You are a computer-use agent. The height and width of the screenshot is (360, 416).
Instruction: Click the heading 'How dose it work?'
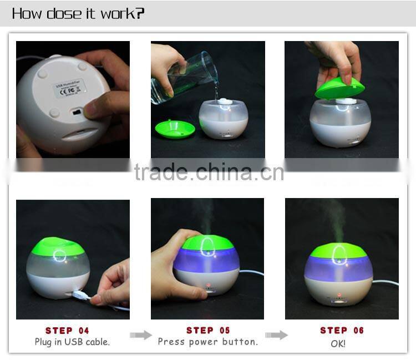[x=78, y=13]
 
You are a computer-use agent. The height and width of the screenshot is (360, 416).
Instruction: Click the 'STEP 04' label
[x=67, y=331]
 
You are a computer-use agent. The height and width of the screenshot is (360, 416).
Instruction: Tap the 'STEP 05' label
[x=208, y=331]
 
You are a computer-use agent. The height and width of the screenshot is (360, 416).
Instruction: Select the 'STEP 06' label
[x=342, y=331]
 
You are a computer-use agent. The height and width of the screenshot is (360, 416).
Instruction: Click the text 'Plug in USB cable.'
[x=72, y=342]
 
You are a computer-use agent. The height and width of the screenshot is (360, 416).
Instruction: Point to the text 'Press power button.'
[x=208, y=342]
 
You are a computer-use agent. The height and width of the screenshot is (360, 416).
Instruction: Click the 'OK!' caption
[x=338, y=344]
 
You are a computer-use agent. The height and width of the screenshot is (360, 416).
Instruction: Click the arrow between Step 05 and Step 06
[x=276, y=335]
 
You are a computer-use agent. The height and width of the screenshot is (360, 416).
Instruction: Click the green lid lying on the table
[x=175, y=129]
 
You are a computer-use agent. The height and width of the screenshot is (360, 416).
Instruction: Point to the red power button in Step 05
[x=209, y=286]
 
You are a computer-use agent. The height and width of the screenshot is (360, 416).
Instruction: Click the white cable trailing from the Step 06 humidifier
[x=385, y=283]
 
